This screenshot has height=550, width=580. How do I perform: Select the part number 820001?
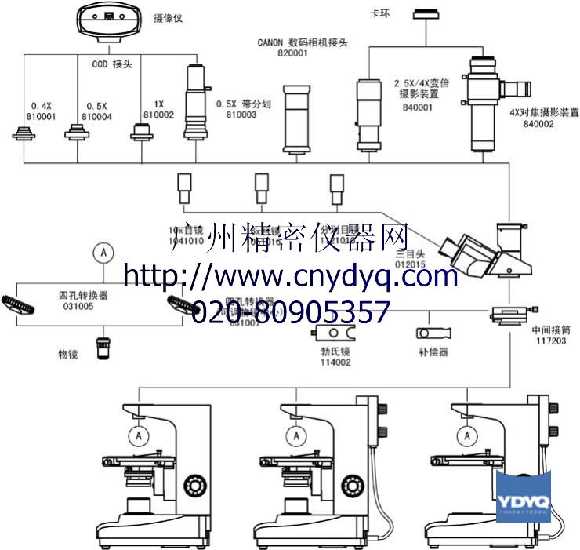292,53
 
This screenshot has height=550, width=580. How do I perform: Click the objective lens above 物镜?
104,347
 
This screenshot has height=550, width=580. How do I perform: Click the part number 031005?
78,307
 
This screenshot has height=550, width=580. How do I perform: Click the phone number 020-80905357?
289,312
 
